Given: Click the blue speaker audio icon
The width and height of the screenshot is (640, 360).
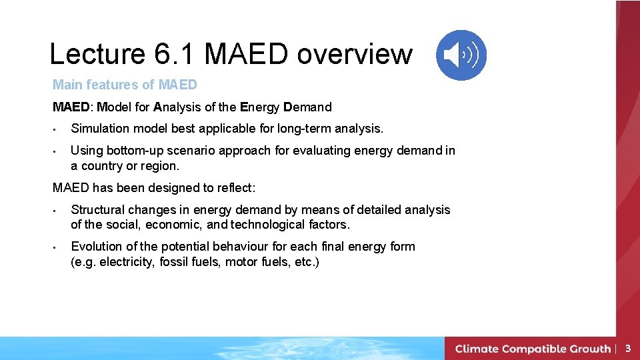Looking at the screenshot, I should coord(461,55).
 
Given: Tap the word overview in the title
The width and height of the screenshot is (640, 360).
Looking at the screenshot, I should coord(355,54).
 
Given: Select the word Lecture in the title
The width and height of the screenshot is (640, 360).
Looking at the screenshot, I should coord(96,54).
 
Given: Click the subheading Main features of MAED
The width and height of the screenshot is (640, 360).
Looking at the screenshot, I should coord(125,85).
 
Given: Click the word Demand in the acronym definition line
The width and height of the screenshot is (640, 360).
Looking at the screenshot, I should coord(307,107).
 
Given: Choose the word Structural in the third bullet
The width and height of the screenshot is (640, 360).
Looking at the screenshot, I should coord(98,210).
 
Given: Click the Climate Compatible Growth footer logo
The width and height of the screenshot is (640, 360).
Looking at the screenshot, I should coord(533,349).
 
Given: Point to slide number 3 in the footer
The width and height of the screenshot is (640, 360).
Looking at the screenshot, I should coord(627,348).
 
